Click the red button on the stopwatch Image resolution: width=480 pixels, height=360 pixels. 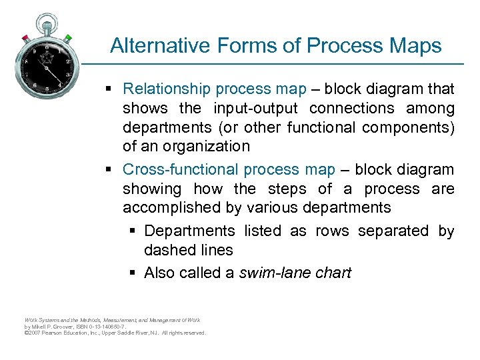click(x=25, y=37)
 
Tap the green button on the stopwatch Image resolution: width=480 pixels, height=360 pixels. click(x=68, y=38)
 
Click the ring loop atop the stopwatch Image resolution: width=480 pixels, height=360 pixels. click(x=47, y=17)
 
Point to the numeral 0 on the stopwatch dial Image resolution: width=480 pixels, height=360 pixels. click(x=46, y=48)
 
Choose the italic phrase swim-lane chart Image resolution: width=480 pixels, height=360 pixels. click(x=295, y=273)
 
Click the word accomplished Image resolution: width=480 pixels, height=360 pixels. click(x=173, y=208)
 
